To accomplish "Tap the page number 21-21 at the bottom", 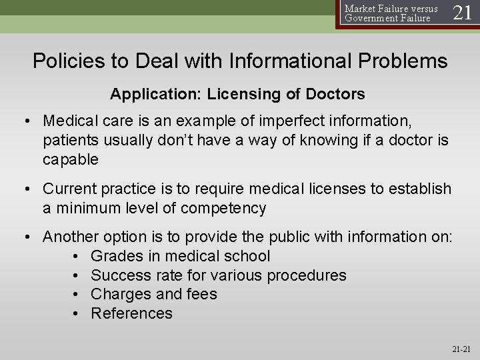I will [461, 348].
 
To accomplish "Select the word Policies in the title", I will [67, 61].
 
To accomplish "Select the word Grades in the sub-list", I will [115, 255].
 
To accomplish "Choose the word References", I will [131, 313].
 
